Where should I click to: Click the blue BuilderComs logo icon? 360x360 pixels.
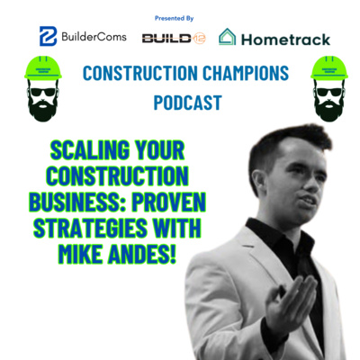[47, 36]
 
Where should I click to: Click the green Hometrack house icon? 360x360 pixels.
[228, 37]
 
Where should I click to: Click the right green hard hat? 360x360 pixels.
[329, 69]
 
